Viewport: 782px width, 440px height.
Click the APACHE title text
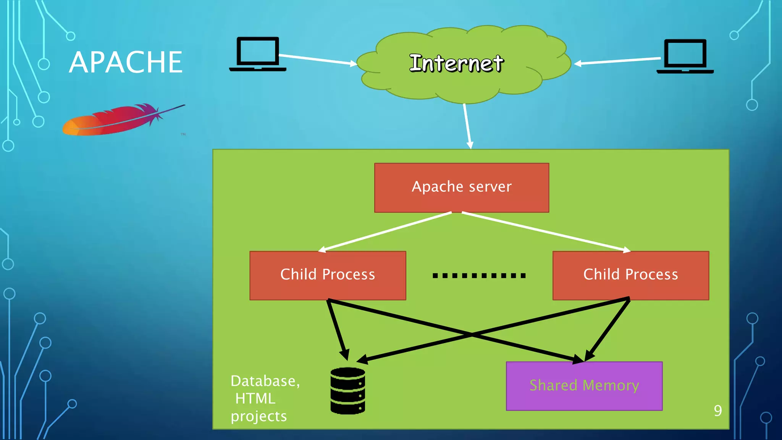pyautogui.click(x=126, y=62)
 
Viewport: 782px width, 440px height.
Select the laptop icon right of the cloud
pyautogui.click(x=685, y=56)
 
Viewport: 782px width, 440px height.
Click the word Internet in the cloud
pyautogui.click(x=456, y=63)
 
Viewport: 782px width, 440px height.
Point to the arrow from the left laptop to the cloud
pyautogui.click(x=317, y=60)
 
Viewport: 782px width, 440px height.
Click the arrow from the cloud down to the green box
pyautogui.click(x=467, y=126)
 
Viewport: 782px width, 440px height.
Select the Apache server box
pyautogui.click(x=462, y=188)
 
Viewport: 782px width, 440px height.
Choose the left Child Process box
pyautogui.click(x=328, y=275)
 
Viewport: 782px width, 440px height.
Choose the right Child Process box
pyautogui.click(x=631, y=275)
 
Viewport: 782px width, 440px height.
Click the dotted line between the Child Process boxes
pyautogui.click(x=479, y=275)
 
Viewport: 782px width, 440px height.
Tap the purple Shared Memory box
pyautogui.click(x=584, y=386)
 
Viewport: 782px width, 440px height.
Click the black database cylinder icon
pyautogui.click(x=347, y=391)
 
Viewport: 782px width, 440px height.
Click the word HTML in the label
pyautogui.click(x=255, y=399)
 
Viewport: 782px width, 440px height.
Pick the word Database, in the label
pyautogui.click(x=265, y=381)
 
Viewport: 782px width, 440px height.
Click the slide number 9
pyautogui.click(x=718, y=411)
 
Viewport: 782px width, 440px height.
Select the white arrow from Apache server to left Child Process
pyautogui.click(x=386, y=232)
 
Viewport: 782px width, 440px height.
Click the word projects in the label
pyautogui.click(x=259, y=416)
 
